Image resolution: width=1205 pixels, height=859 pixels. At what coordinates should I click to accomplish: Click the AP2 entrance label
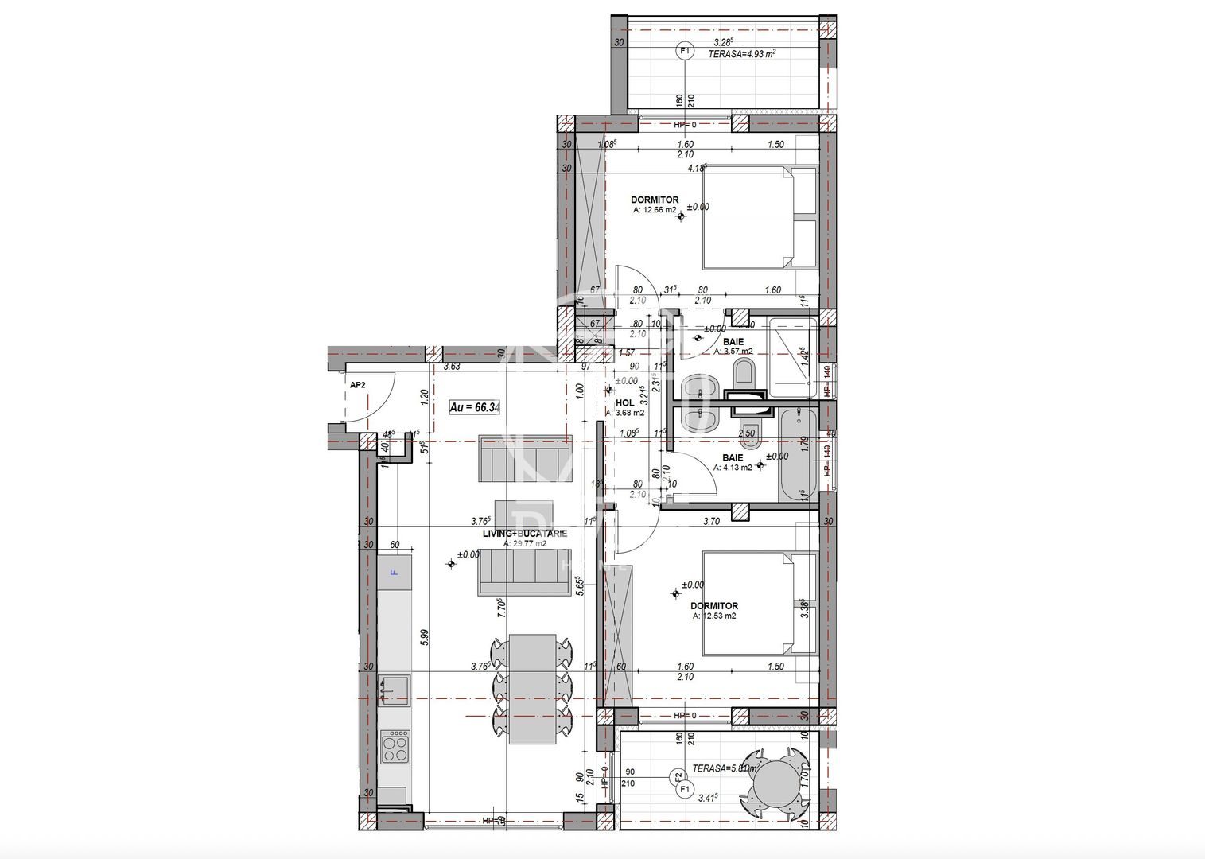coord(358,385)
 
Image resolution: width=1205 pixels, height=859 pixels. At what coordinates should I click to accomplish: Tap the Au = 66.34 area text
coord(475,407)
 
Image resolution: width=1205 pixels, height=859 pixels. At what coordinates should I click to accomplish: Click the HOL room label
coord(625,403)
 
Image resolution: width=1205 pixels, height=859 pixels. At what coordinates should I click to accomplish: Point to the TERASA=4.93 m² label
coord(731,53)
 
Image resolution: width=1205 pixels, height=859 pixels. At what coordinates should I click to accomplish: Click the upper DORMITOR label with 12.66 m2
coord(655,200)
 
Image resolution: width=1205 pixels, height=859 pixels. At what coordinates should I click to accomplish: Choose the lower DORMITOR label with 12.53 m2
coord(714,606)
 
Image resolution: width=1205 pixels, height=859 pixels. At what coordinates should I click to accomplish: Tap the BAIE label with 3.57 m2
coord(733,342)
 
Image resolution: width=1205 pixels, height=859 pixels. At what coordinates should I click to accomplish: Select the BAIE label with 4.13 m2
coord(733,458)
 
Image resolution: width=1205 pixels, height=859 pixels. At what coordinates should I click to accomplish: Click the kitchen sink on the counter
coord(395,690)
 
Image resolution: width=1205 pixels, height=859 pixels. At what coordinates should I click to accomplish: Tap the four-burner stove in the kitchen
coord(395,747)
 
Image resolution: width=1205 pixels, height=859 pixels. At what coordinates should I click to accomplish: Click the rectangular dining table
coord(532,689)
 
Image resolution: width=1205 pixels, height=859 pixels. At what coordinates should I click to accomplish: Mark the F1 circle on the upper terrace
coord(683,51)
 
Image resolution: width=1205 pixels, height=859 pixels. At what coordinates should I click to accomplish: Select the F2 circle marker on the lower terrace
coord(678,775)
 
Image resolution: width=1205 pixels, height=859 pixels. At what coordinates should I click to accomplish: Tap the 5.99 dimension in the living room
coord(425,637)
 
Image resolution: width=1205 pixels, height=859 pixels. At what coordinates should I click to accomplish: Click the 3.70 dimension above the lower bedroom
coord(711,522)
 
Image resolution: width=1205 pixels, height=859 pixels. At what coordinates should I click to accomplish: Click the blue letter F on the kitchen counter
coord(394,572)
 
